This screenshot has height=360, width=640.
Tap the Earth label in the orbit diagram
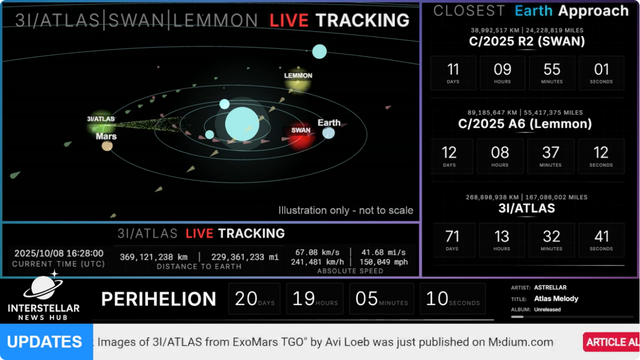coord(329,123)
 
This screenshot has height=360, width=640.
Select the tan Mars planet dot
coord(107,146)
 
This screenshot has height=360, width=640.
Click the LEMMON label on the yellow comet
coord(298,76)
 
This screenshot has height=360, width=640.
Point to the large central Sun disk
coord(242,124)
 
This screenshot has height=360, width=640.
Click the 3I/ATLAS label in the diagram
coord(100,119)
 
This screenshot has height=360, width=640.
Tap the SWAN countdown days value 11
coord(453,70)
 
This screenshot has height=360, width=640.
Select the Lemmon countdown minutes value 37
coord(550,152)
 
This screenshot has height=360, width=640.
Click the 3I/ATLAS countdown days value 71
coord(452,237)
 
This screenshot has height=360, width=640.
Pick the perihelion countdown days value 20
coord(245,299)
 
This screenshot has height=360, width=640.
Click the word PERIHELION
coord(159,299)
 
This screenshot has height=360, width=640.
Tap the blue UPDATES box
coord(46,341)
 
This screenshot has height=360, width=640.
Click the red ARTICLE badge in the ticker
coord(611,342)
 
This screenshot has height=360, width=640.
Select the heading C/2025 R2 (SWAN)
coord(527,41)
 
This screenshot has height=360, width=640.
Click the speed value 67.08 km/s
coord(317,252)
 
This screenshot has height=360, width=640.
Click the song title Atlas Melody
coord(556,299)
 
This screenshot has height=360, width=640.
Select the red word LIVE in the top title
coord(289,20)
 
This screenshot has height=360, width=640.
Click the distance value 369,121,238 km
coord(154,257)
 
